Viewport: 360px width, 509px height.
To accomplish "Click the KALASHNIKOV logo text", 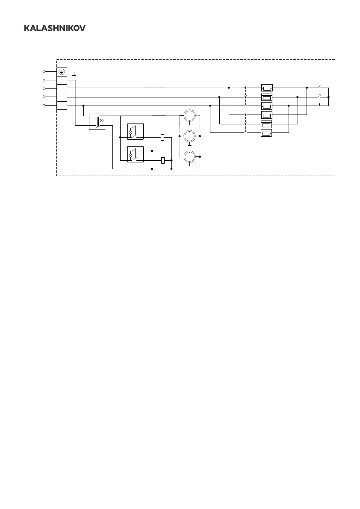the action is click(54, 28).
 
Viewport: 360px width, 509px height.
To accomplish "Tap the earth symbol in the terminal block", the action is click(62, 72).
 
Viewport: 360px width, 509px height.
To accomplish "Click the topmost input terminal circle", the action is click(44, 71).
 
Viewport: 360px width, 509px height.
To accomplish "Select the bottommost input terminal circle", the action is click(44, 105).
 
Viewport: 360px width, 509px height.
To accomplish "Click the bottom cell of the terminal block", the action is click(62, 105).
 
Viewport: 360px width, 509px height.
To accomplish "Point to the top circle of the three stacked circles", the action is click(189, 116).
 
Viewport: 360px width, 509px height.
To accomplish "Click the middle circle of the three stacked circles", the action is click(189, 136).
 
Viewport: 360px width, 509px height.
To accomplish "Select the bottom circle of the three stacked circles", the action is click(189, 157).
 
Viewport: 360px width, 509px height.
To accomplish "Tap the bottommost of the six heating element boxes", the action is click(267, 134).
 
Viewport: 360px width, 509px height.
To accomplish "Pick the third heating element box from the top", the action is click(267, 106).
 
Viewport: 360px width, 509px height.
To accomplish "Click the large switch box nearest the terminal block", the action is click(97, 122).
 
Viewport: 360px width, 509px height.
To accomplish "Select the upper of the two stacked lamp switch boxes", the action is click(135, 132).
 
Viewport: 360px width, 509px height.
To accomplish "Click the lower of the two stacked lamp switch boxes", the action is click(135, 154).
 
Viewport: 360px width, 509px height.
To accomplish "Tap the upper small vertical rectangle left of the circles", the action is click(162, 137).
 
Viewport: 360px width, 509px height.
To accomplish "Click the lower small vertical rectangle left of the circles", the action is click(162, 160).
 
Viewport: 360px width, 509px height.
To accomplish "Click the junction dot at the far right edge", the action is click(328, 97).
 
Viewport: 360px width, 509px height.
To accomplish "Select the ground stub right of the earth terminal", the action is click(74, 74).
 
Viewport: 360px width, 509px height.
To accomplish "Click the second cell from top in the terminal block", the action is click(62, 80).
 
